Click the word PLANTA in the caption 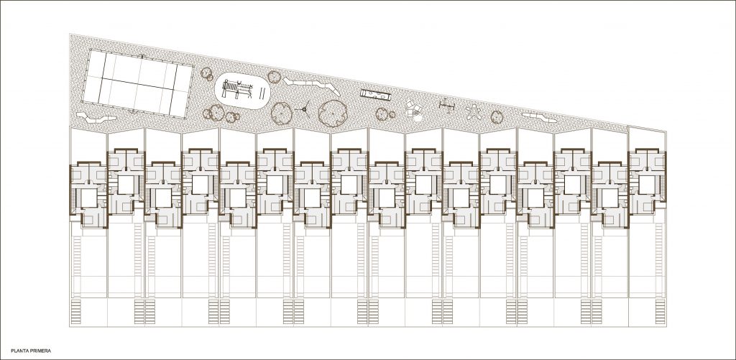coord(19,351)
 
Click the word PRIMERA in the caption coord(40,351)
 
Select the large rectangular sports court coord(137,83)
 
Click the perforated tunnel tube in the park coord(376,96)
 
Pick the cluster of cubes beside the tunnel coord(414,111)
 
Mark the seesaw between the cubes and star coord(447,105)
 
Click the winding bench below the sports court coord(96,118)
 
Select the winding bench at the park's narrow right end coord(539,117)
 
